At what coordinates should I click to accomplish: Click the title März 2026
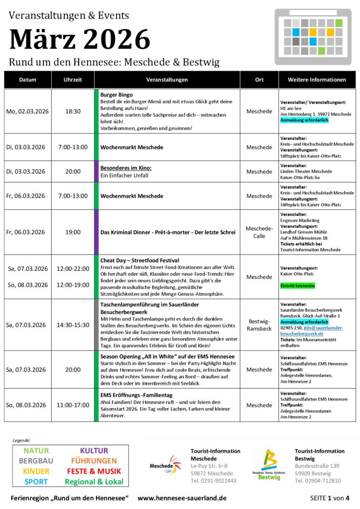(80, 39)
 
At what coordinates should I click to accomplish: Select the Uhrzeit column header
(73, 80)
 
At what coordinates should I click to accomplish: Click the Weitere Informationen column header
(317, 80)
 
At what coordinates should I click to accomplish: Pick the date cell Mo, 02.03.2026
(27, 111)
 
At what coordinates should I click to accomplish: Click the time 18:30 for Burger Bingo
(73, 111)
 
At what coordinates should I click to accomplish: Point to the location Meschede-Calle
(259, 232)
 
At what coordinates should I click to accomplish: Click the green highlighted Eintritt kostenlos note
(297, 286)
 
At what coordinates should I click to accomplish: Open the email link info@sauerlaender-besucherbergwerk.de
(311, 331)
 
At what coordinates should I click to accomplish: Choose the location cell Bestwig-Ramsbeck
(259, 325)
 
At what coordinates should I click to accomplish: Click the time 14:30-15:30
(73, 325)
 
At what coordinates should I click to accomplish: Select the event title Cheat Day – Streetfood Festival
(140, 260)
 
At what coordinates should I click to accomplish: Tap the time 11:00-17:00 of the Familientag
(73, 405)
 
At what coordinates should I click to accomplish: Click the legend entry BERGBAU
(36, 461)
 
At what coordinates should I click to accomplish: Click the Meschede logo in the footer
(166, 465)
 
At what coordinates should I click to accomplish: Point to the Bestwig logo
(270, 465)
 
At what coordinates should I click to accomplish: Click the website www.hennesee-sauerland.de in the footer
(182, 498)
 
